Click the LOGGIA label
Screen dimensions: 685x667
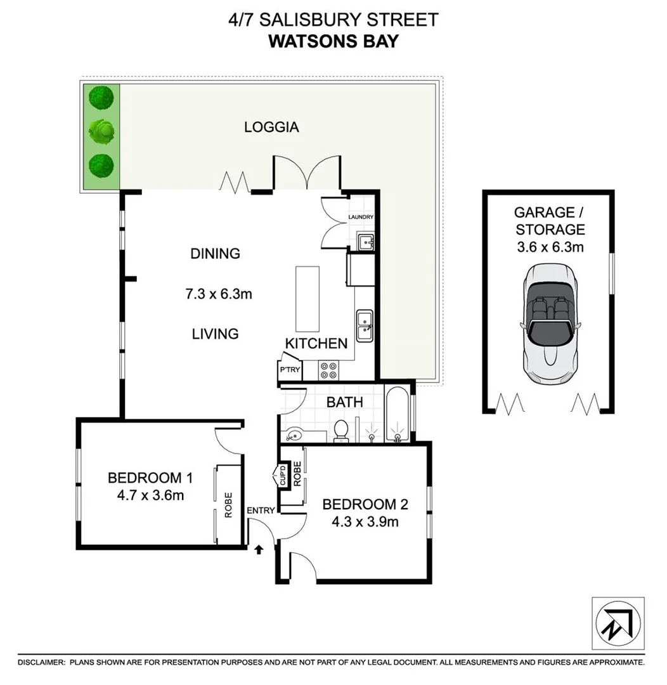[271, 127]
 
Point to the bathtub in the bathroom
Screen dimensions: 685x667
[396, 414]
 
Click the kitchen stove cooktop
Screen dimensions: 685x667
[328, 370]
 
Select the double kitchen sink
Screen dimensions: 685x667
[364, 325]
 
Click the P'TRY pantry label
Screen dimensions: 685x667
[290, 370]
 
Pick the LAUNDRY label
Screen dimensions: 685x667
[361, 217]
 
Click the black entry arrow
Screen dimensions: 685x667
[259, 548]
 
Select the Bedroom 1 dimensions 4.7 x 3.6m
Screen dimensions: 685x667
[150, 495]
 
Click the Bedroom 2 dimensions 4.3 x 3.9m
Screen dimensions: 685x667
[365, 522]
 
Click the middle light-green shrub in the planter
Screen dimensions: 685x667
[101, 131]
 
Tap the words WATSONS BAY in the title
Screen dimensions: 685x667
[333, 41]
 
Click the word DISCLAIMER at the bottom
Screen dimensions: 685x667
[41, 662]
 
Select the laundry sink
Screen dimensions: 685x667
[365, 241]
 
